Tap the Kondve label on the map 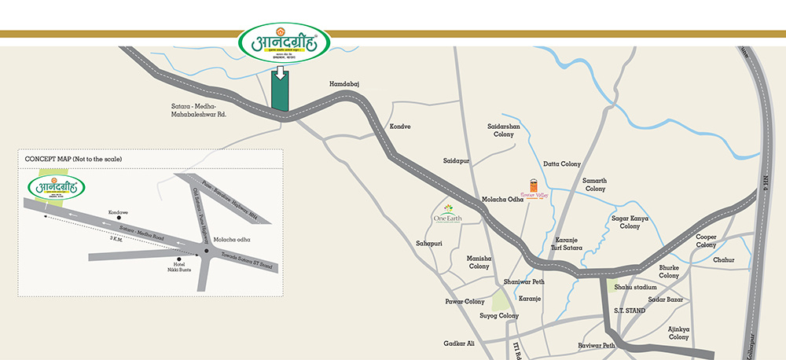[x=400, y=127]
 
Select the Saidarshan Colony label [x=504, y=130]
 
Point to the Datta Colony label [x=562, y=164]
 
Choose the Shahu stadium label [x=635, y=287]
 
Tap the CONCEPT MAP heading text [x=73, y=160]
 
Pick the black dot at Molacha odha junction [x=206, y=251]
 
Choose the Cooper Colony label [x=706, y=241]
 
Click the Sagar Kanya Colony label [x=630, y=222]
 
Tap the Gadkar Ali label [x=459, y=343]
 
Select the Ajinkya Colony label [x=678, y=332]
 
